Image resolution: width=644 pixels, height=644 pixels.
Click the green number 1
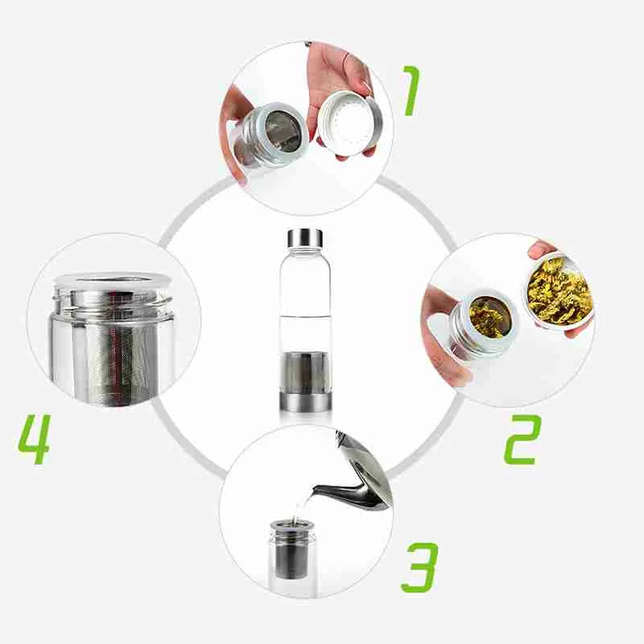click(411, 90)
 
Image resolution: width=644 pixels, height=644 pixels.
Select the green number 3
click(419, 568)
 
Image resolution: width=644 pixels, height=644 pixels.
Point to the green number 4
click(34, 439)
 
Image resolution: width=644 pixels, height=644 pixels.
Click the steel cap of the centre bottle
click(305, 238)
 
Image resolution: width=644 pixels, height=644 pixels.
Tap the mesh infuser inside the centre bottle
click(304, 372)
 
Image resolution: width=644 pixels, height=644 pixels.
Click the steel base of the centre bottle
click(305, 401)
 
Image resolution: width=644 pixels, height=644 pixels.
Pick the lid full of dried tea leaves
click(559, 291)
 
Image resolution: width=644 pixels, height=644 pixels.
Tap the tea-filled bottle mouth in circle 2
click(488, 316)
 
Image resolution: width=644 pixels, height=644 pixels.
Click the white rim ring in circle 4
click(113, 280)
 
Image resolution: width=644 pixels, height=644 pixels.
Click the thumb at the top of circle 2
click(543, 250)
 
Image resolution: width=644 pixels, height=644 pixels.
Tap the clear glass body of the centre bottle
click(305, 299)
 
